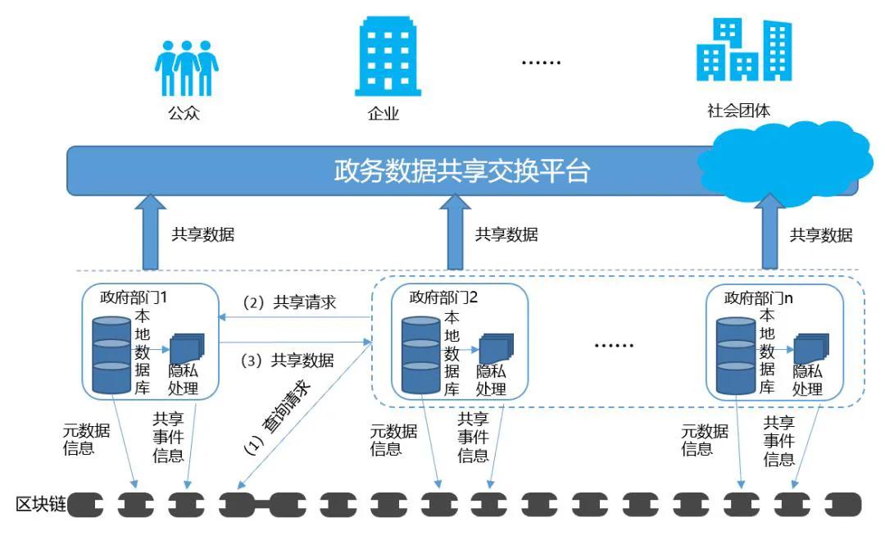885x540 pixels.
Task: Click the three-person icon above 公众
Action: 186,69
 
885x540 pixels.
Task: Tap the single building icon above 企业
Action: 388,57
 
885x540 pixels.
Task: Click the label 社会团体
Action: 738,111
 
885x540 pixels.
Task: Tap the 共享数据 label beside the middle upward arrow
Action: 506,234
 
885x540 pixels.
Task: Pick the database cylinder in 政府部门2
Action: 422,355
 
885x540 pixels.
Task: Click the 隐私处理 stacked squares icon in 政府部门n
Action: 810,348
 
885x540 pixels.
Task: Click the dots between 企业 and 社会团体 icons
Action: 542,62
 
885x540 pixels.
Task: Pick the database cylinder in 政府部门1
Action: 112,354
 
